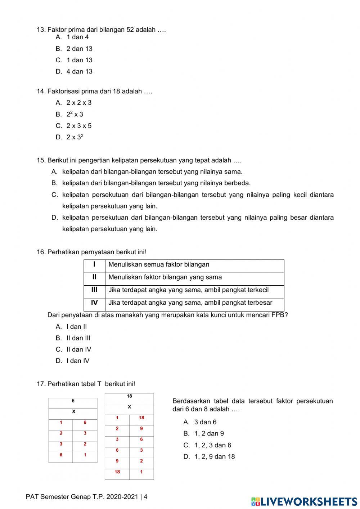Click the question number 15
(41, 160)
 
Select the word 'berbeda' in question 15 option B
(237, 183)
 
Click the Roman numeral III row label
(94, 290)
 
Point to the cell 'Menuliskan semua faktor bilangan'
(159, 264)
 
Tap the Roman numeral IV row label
(94, 303)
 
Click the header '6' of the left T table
(73, 401)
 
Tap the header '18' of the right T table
(129, 396)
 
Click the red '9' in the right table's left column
(117, 461)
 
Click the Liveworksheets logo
(304, 501)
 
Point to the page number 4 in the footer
(145, 497)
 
